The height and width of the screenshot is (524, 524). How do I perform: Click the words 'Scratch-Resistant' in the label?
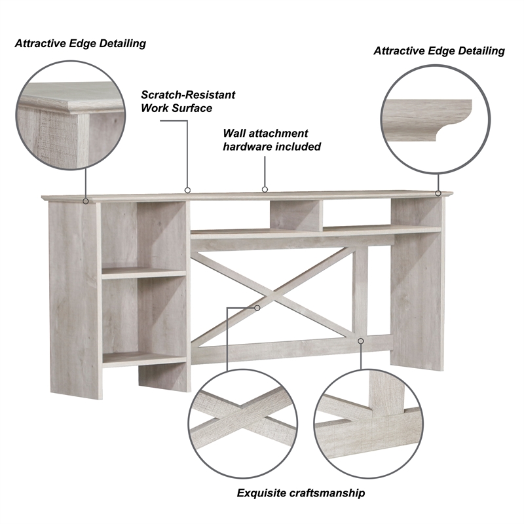pyautogui.click(x=188, y=95)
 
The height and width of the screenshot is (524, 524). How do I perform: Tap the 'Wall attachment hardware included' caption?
pyautogui.click(x=272, y=140)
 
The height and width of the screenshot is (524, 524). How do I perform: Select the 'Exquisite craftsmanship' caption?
pyautogui.click(x=301, y=493)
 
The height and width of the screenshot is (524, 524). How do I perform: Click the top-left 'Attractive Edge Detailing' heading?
pyautogui.click(x=80, y=44)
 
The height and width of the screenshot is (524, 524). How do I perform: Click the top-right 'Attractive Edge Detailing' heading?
pyautogui.click(x=439, y=50)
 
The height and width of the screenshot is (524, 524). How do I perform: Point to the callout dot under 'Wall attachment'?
pyautogui.click(x=265, y=189)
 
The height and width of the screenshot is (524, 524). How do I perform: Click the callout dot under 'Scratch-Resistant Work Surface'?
pyautogui.click(x=187, y=191)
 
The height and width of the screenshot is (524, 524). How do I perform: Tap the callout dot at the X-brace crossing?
pyautogui.click(x=257, y=307)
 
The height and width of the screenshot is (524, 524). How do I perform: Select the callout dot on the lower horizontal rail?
pyautogui.click(x=360, y=340)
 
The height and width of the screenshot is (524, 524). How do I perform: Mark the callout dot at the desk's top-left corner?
pyautogui.click(x=86, y=200)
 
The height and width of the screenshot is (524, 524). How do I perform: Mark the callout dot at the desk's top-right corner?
pyautogui.click(x=439, y=193)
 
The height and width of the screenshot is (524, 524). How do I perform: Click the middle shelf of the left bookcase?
pyautogui.click(x=144, y=272)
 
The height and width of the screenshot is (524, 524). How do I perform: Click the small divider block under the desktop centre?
pyautogui.click(x=295, y=215)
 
